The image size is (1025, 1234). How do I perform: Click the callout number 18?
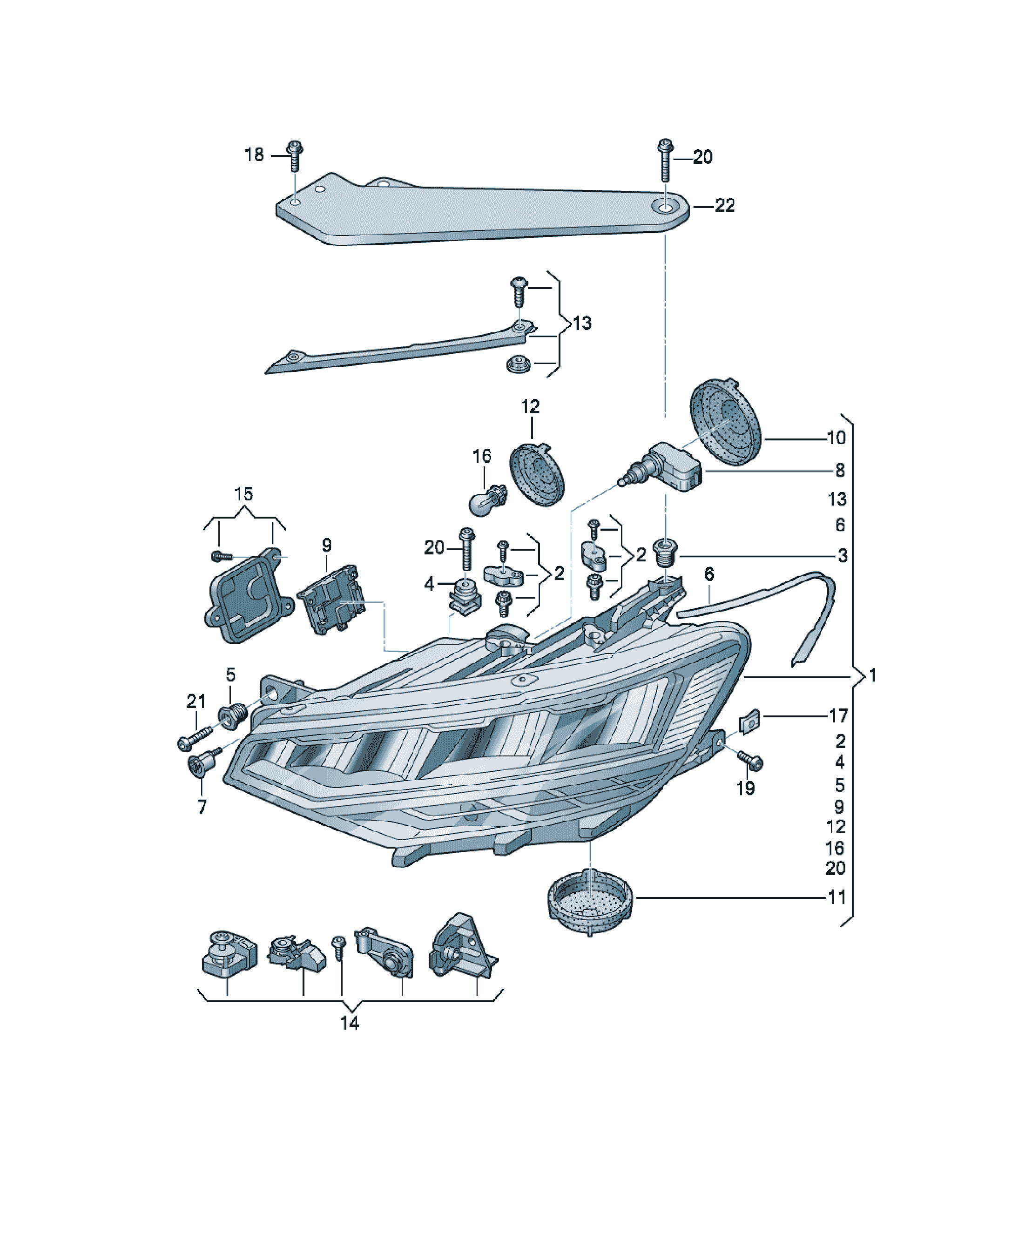[254, 155]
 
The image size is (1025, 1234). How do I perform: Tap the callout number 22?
[725, 206]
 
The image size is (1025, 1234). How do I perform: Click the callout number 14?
[350, 1023]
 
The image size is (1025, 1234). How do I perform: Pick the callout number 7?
[202, 807]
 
